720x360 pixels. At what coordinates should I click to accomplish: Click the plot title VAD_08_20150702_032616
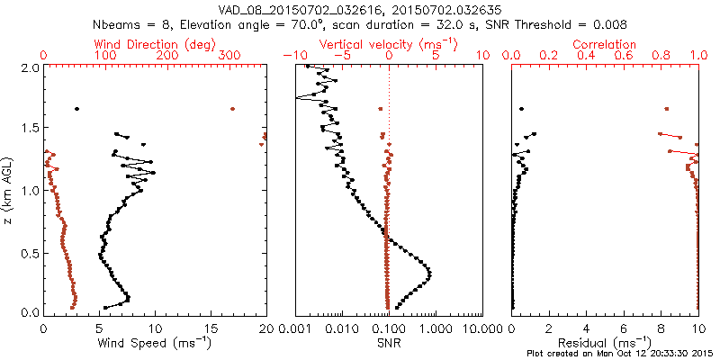coord(285,9)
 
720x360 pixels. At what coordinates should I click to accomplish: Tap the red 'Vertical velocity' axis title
coord(389,43)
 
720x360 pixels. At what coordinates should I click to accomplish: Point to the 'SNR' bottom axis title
coord(389,343)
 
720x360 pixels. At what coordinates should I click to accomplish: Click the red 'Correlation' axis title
coord(606,43)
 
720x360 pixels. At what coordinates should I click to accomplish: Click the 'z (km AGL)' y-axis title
coord(8,191)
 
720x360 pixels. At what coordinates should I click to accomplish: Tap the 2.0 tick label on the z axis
coord(29,67)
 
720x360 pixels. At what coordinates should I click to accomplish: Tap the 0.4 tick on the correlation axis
coord(587,56)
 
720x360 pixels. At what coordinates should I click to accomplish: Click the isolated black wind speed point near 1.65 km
coord(76,109)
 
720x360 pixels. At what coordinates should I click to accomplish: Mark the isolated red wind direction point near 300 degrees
coord(232,109)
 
